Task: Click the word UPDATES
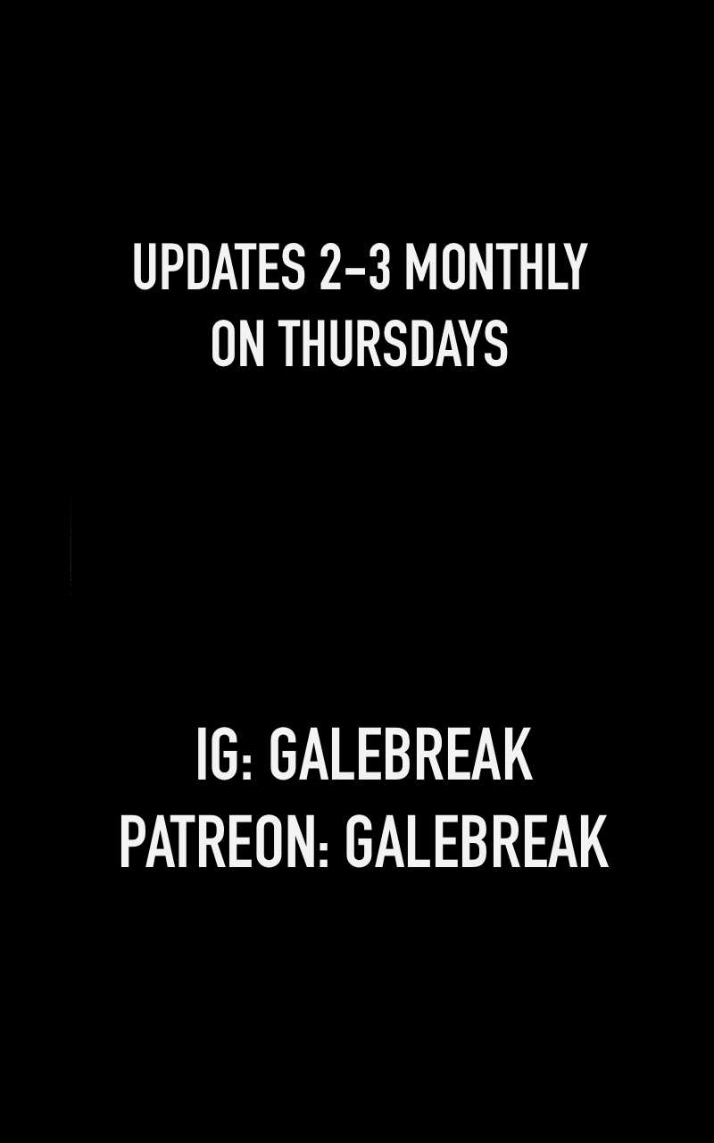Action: (219, 266)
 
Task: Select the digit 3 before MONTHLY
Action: (378, 266)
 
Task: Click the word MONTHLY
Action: (494, 266)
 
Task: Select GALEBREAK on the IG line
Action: (401, 755)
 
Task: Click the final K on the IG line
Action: (519, 755)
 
